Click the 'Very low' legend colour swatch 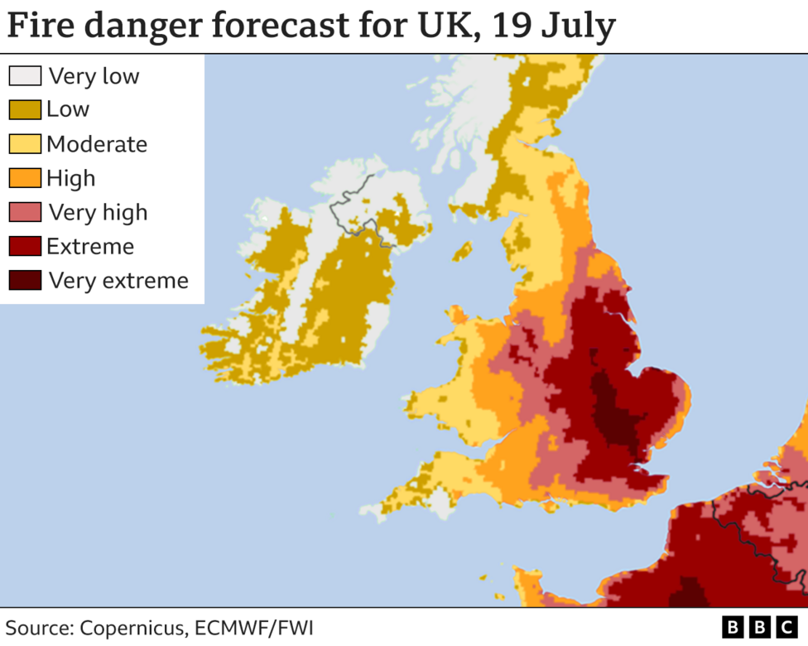25,75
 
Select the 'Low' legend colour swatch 25,109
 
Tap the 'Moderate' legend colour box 25,144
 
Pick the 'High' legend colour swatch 25,178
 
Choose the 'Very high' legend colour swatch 25,213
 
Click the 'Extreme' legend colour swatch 25,247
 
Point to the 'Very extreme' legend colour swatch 25,281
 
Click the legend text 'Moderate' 96,144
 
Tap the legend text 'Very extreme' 118,281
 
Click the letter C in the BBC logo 782,627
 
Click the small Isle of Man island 463,249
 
